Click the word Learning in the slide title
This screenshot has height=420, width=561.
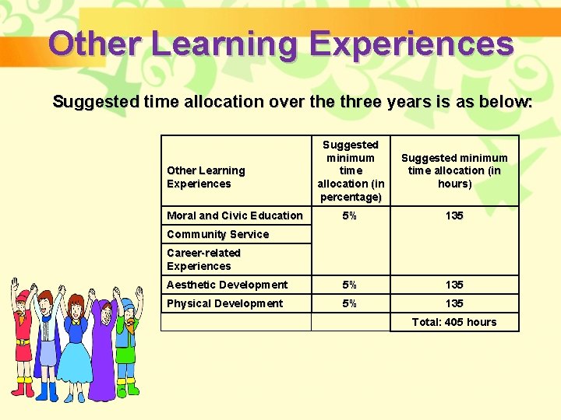coord(224,44)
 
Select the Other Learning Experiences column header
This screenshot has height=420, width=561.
coord(206,177)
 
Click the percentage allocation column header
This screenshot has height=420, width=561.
coord(351,171)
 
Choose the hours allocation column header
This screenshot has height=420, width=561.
coord(453,170)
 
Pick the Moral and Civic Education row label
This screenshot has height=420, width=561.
coord(235,215)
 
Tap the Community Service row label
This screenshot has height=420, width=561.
coord(217,234)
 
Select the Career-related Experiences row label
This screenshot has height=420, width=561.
coord(203,259)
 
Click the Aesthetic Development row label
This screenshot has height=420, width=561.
coord(227,285)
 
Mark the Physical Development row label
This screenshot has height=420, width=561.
coord(224,303)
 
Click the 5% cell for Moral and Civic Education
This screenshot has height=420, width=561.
coord(351,215)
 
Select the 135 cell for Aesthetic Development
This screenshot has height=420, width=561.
coord(453,285)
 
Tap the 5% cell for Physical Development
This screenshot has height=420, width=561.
coord(351,303)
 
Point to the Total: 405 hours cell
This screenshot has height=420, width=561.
coord(453,322)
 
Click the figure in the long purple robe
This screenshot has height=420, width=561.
coord(102,350)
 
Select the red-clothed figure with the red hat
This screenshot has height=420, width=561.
coord(24,342)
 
